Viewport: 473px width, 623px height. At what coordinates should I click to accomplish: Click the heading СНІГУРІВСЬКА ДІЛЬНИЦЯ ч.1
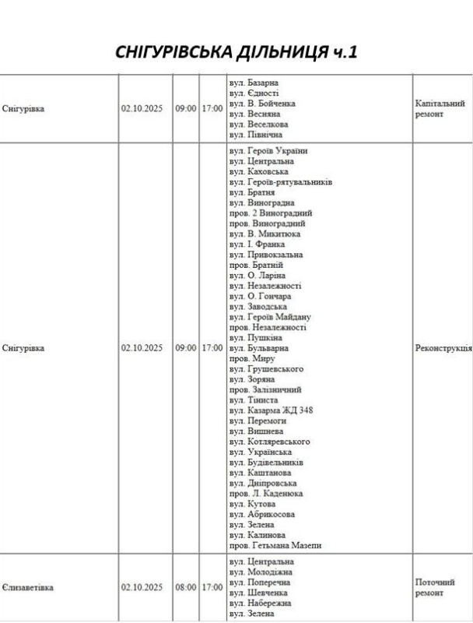pos(236,52)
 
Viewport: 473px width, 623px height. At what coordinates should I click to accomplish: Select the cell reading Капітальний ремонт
pos(440,108)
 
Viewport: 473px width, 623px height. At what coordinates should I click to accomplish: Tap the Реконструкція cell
pos(444,348)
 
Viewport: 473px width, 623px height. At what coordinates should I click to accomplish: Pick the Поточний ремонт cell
pos(435,587)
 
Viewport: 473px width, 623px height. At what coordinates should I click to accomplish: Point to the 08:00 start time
pos(185,588)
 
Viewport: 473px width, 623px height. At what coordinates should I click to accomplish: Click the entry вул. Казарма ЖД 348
pos(271,410)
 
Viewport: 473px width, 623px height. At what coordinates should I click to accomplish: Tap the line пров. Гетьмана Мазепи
pos(275,546)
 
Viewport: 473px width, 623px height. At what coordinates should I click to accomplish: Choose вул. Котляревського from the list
pos(269,442)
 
